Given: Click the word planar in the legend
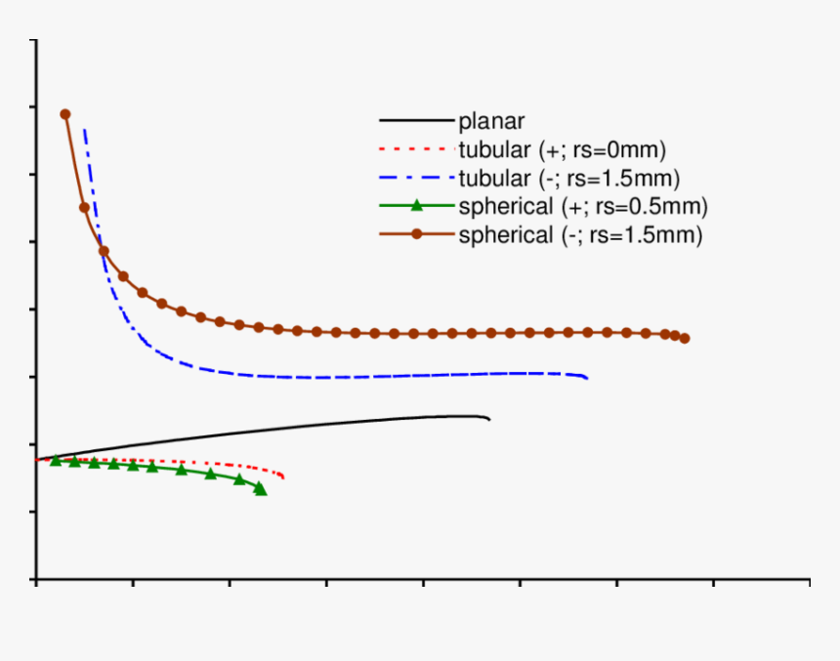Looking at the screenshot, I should [x=491, y=122].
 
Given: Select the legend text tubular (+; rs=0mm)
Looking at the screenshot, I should [x=562, y=150].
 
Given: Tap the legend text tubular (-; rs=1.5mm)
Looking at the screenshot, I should [x=568, y=179].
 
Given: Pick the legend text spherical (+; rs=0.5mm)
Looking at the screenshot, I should [x=582, y=206].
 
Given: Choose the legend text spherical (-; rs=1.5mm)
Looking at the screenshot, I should [x=580, y=235].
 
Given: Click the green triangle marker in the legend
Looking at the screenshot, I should [x=417, y=205].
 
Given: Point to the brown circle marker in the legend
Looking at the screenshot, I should [x=417, y=234].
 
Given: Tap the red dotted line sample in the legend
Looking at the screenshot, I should [x=416, y=150].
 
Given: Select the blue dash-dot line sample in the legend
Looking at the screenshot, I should [x=416, y=179].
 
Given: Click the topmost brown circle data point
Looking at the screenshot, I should [x=65, y=114].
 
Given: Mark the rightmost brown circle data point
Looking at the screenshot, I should [x=685, y=339].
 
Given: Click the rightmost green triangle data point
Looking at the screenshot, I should [x=260, y=488].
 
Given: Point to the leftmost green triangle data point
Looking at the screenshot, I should [x=56, y=460].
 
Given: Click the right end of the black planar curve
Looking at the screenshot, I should [x=489, y=420].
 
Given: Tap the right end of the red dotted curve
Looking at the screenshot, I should [x=283, y=476].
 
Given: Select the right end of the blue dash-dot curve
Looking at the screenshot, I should [x=587, y=378].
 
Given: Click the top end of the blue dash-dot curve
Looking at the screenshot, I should [x=84, y=129].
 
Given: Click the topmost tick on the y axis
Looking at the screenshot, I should [x=36, y=40].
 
